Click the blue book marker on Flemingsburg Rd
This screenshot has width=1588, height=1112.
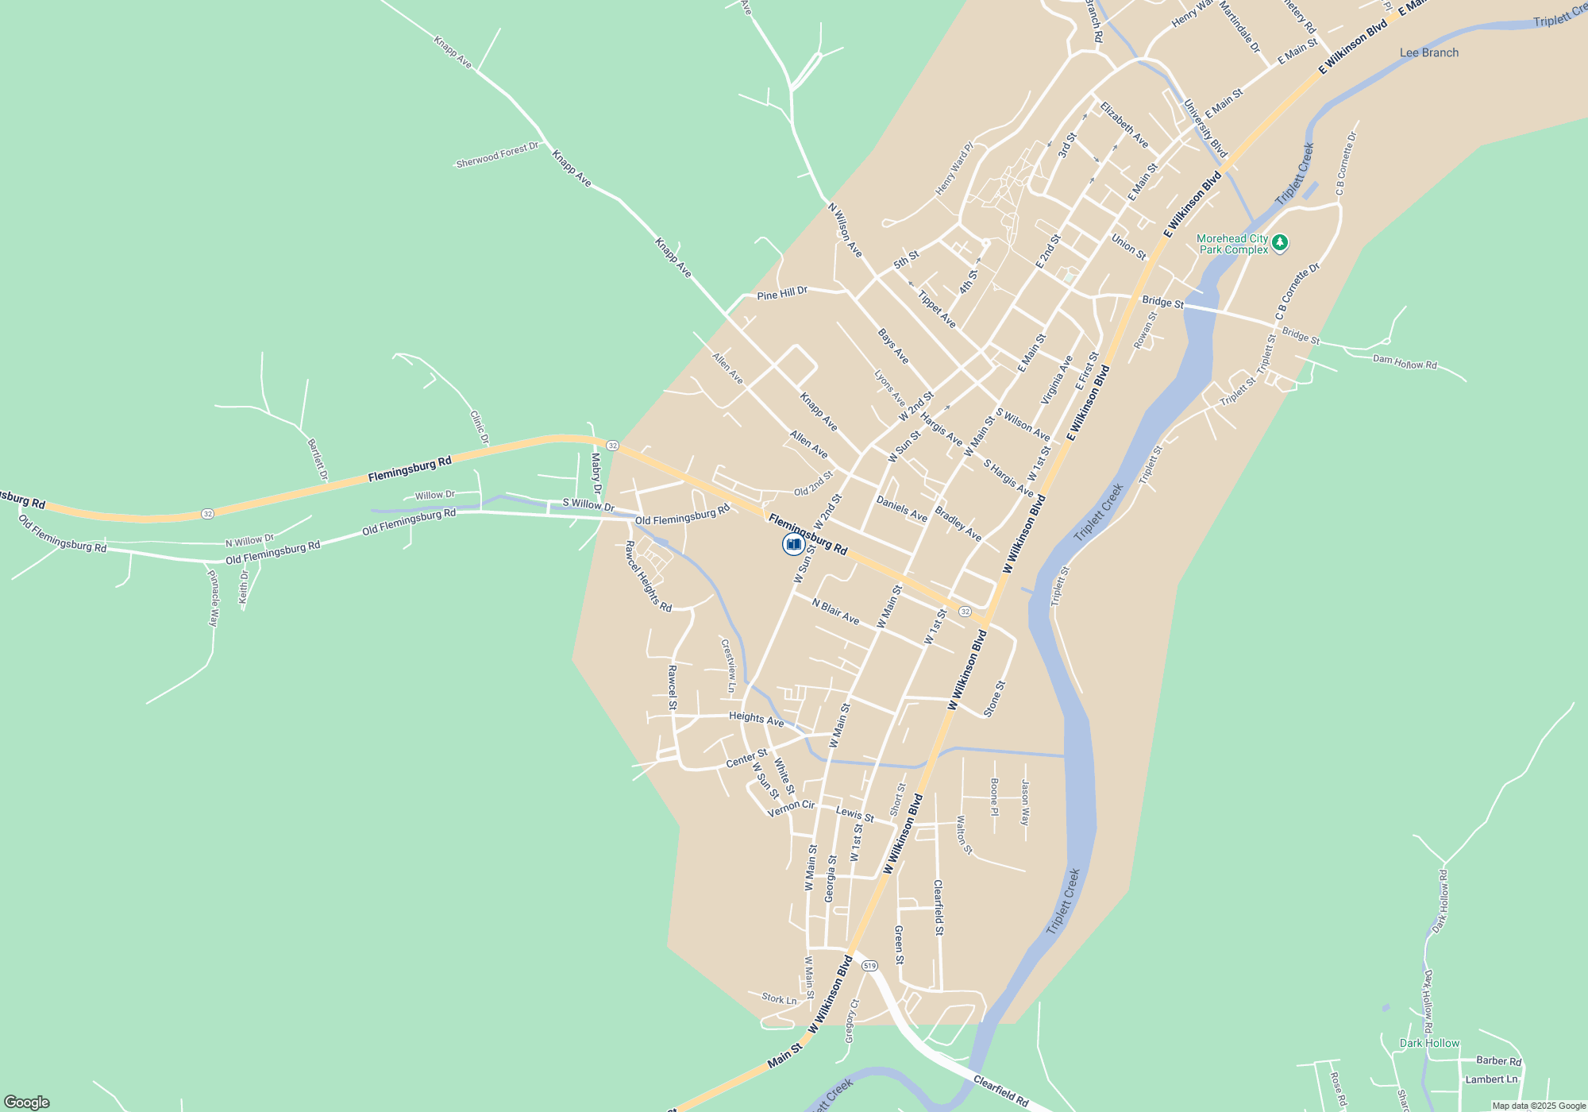coord(793,544)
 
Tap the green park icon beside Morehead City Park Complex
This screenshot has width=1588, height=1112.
coord(1279,242)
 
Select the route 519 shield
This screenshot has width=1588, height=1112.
coord(869,966)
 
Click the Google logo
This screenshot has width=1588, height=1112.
coord(27,1102)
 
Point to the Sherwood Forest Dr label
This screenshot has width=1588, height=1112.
coord(497,155)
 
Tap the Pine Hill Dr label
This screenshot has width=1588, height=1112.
coord(782,294)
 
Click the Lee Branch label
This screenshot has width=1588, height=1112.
coord(1428,53)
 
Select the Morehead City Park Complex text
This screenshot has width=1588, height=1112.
coord(1232,244)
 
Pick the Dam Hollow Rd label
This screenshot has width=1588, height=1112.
coord(1405,362)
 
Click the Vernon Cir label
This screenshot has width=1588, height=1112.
coord(791,808)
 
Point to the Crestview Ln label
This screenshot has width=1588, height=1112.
coord(728,666)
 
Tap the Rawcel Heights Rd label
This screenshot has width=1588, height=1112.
coord(648,577)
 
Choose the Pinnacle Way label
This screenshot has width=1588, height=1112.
coord(213,598)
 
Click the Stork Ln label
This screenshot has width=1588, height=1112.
coord(779,999)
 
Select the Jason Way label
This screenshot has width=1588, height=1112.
coord(1025,802)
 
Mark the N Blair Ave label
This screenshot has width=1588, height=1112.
coord(835,612)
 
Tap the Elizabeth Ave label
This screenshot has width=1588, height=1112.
coord(1124,125)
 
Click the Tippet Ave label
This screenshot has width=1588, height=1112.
coord(937,310)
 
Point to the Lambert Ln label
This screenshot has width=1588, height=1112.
coord(1491,1079)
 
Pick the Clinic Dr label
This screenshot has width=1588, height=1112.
coord(479,427)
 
